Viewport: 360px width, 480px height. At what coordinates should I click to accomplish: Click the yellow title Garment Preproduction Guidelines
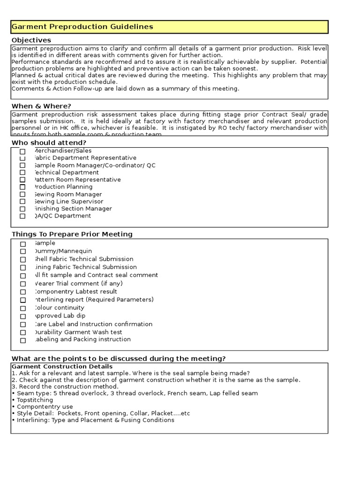pyautogui.click(x=82, y=27)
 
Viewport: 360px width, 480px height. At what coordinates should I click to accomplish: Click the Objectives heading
pyautogui.click(x=31, y=40)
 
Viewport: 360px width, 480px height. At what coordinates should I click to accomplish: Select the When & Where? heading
pyautogui.click(x=41, y=106)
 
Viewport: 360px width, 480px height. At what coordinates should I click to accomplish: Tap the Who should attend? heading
pyautogui.click(x=49, y=142)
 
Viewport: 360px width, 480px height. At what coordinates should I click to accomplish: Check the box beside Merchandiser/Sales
pyautogui.click(x=22, y=151)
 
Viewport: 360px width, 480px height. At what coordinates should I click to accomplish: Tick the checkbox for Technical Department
pyautogui.click(x=22, y=173)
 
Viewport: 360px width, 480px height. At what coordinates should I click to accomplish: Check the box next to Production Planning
pyautogui.click(x=22, y=187)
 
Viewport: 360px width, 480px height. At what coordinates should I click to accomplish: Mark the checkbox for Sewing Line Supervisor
pyautogui.click(x=22, y=202)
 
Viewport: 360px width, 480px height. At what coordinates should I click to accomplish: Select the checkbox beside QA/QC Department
pyautogui.click(x=22, y=216)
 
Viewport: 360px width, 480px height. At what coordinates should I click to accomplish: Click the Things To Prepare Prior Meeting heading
pyautogui.click(x=72, y=234)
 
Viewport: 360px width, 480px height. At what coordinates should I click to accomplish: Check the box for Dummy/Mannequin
pyautogui.click(x=22, y=252)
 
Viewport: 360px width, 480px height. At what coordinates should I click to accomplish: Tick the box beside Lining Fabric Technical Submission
pyautogui.click(x=22, y=268)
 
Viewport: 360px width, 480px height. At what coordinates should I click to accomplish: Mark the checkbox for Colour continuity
pyautogui.click(x=22, y=308)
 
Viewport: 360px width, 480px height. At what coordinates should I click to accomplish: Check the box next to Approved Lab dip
pyautogui.click(x=22, y=316)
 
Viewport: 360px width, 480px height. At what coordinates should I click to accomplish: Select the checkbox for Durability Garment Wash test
pyautogui.click(x=22, y=333)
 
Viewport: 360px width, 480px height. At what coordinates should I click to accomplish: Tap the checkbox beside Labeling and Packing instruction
pyautogui.click(x=22, y=340)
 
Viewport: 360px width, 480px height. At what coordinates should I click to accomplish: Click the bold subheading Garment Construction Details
pyautogui.click(x=62, y=366)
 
